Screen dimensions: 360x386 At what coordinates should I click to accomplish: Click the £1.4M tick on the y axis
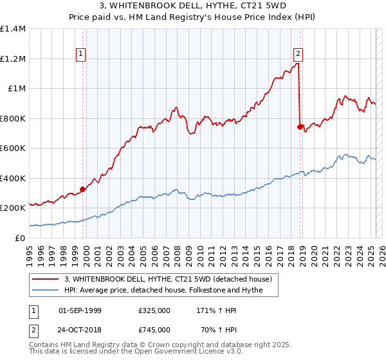(13, 29)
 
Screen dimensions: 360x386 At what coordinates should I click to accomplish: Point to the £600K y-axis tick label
(13, 148)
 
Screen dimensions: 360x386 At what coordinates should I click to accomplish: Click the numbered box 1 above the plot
(81, 54)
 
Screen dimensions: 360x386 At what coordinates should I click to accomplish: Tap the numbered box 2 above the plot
(299, 54)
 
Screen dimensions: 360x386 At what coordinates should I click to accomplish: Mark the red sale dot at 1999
(82, 189)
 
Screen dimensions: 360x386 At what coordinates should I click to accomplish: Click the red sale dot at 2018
(300, 127)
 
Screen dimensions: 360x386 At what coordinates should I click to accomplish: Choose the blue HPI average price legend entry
(170, 291)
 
